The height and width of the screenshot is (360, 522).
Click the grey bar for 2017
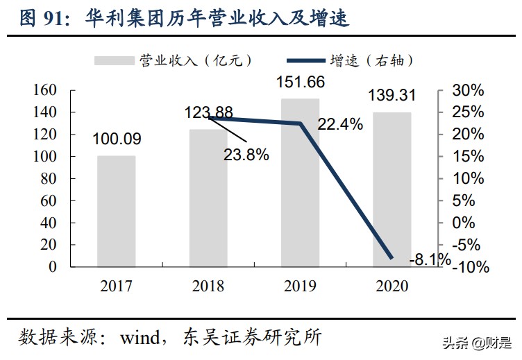pyautogui.click(x=116, y=211)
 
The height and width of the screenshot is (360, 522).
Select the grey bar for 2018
pyautogui.click(x=208, y=198)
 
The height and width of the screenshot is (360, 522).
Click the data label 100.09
pyautogui.click(x=117, y=139)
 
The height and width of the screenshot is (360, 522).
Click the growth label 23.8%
pyautogui.click(x=246, y=155)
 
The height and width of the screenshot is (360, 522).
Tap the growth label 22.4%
pyautogui.click(x=340, y=125)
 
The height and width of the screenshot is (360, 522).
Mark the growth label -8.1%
pyautogui.click(x=430, y=259)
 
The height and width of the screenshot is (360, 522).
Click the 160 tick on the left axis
pyautogui.click(x=44, y=90)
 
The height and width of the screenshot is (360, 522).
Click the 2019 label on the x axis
pyautogui.click(x=300, y=286)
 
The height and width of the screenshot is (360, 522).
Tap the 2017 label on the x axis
pyautogui.click(x=116, y=286)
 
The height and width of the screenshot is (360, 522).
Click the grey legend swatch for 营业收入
pyautogui.click(x=114, y=61)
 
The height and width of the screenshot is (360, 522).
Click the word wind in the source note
pyautogui.click(x=140, y=338)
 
